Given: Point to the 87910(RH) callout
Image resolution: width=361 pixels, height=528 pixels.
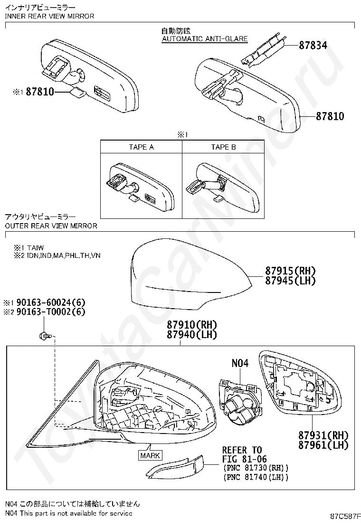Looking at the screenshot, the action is point(191,325).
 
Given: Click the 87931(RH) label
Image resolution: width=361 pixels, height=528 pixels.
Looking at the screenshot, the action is point(323,435).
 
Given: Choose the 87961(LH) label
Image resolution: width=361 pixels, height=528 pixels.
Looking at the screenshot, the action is point(323,445).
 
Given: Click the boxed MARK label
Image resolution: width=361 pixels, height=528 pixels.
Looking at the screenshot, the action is point(150,456).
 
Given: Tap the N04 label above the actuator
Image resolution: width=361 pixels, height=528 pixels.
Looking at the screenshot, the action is point(240,363).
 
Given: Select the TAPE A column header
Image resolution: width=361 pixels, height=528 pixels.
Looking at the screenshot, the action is point(141,147).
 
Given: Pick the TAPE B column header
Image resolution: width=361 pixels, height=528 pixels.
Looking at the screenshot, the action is point(223,147).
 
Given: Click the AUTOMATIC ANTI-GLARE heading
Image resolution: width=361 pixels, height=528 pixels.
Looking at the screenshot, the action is point(205,39).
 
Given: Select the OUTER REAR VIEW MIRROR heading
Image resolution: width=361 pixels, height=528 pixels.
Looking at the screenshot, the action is point(51,226).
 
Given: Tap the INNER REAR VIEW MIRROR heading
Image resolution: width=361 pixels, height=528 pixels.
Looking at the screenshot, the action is point(49,16).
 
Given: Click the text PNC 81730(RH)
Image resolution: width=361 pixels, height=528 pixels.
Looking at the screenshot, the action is point(255,468).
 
